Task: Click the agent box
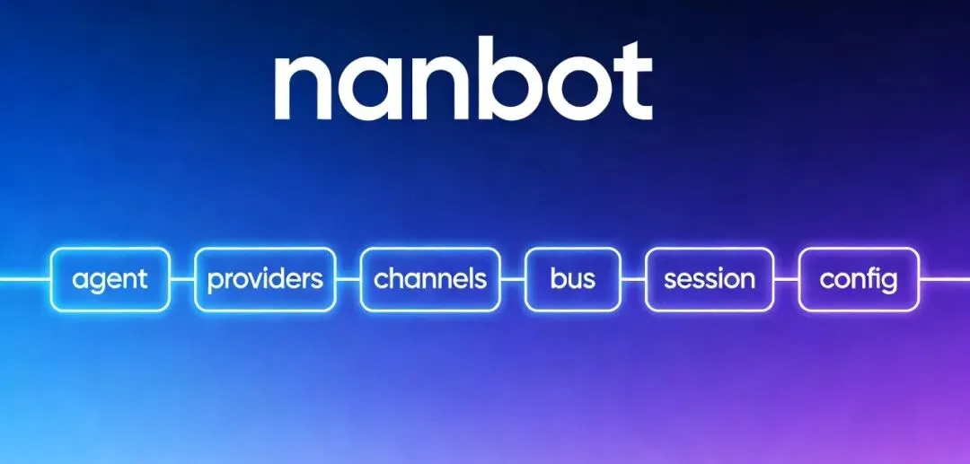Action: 110,279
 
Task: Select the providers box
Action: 265,279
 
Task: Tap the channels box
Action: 430,279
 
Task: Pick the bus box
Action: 572,279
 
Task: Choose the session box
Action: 709,279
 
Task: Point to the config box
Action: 859,279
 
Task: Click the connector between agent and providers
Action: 181,279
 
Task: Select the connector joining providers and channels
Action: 348,279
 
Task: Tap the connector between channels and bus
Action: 513,279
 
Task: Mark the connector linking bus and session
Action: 632,279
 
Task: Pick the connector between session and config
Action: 786,279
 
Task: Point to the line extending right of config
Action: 945,279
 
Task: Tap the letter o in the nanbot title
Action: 571,90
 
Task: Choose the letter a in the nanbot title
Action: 372,90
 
